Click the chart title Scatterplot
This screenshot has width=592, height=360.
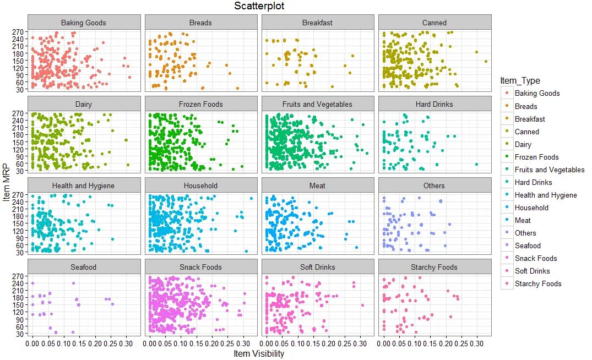click(259, 6)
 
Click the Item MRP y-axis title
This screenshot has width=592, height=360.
click(7, 182)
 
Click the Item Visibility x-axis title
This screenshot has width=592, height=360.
click(259, 354)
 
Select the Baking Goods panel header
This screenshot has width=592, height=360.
click(84, 23)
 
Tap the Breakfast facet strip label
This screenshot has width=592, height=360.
click(317, 23)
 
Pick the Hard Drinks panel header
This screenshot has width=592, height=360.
click(435, 105)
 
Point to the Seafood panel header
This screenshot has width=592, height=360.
click(84, 268)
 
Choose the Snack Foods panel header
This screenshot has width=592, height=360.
click(200, 268)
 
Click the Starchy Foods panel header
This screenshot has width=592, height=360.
click(435, 268)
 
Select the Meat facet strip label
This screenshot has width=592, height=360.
click(317, 186)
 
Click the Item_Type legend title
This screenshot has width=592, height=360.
click(520, 81)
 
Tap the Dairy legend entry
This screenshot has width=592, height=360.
click(523, 144)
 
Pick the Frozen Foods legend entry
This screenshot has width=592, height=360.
click(536, 157)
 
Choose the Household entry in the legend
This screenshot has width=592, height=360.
click(531, 208)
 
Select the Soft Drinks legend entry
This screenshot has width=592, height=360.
click(532, 271)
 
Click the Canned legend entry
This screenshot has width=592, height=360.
click(526, 132)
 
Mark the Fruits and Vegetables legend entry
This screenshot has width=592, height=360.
click(549, 170)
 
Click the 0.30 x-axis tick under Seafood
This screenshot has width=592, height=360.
click(126, 343)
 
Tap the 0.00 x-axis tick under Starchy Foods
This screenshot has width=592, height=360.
click(384, 343)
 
